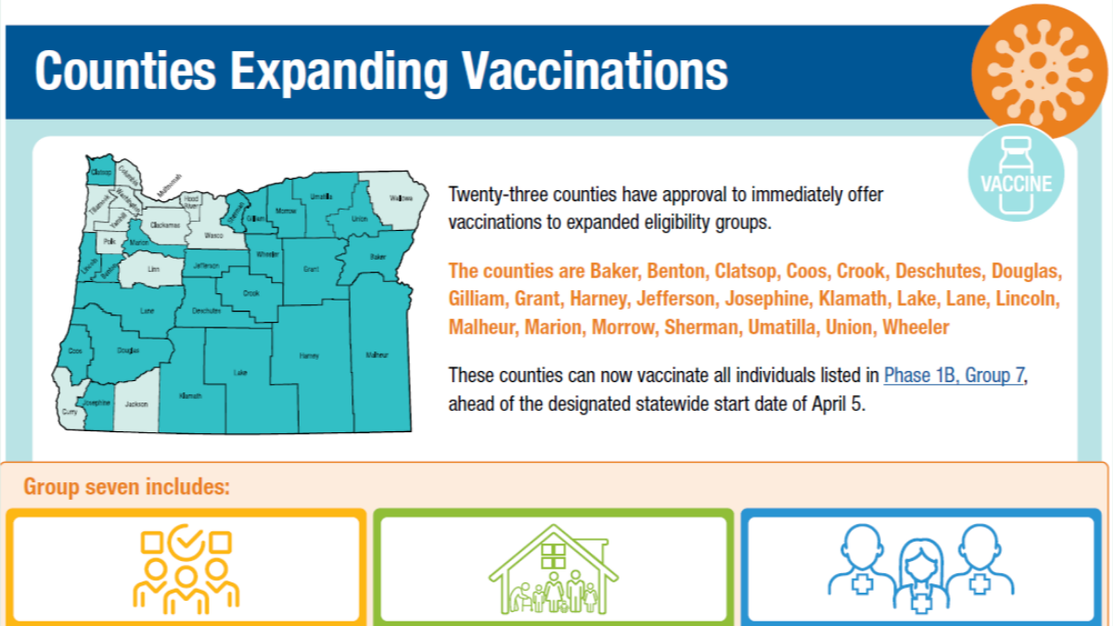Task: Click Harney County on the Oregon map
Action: pos(309,356)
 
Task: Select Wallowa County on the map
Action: pos(402,198)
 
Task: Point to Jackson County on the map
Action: pos(136,404)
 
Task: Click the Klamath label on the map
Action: pos(189,396)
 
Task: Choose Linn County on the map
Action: pos(153,270)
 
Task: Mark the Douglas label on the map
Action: pos(129,351)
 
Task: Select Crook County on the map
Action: pos(250,293)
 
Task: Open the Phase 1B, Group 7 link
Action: pos(953,376)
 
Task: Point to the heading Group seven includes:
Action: pos(126,487)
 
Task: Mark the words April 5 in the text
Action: pos(834,404)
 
